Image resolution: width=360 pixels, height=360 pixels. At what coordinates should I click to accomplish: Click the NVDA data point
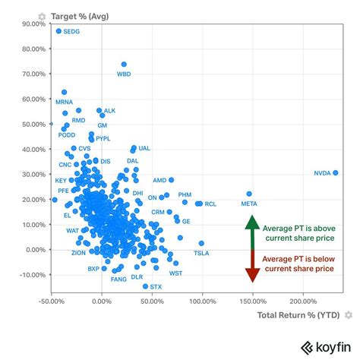(335, 172)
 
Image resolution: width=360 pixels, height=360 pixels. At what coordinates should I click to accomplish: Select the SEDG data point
(58, 31)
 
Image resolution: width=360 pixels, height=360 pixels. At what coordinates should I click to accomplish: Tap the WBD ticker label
(124, 74)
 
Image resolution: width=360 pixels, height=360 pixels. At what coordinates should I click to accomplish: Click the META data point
(249, 194)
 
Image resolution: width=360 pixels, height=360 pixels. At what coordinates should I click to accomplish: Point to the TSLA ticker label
(201, 253)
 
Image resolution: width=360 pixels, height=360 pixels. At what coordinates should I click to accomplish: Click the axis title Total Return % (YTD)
(299, 314)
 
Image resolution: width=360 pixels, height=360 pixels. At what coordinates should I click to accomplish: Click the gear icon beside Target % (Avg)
(42, 15)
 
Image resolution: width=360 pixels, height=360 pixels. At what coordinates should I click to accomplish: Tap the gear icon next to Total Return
(349, 314)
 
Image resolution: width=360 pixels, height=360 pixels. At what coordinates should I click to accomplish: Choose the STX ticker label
(156, 287)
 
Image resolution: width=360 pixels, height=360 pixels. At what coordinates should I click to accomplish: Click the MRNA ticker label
(65, 102)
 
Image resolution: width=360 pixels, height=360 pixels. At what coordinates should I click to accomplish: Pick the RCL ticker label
(210, 204)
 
